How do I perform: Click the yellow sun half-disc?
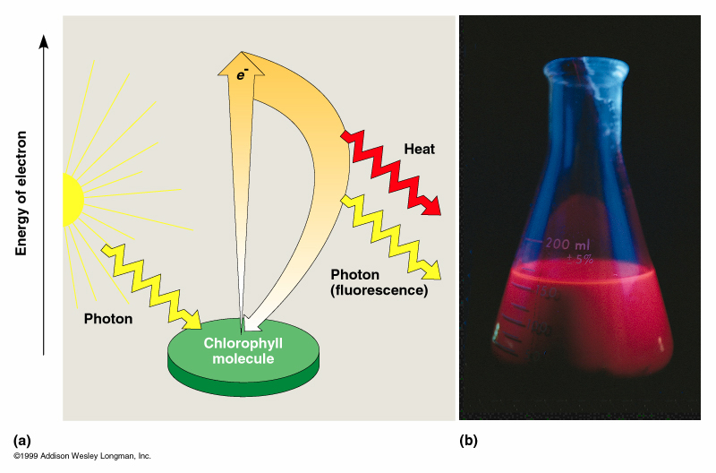71,198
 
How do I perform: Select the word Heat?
419,150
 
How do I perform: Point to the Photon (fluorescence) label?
379,282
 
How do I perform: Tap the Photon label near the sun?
108,318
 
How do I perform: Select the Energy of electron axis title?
22,193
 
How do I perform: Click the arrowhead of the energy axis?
44,41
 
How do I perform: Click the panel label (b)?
468,440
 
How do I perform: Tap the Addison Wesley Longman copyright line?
82,457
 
